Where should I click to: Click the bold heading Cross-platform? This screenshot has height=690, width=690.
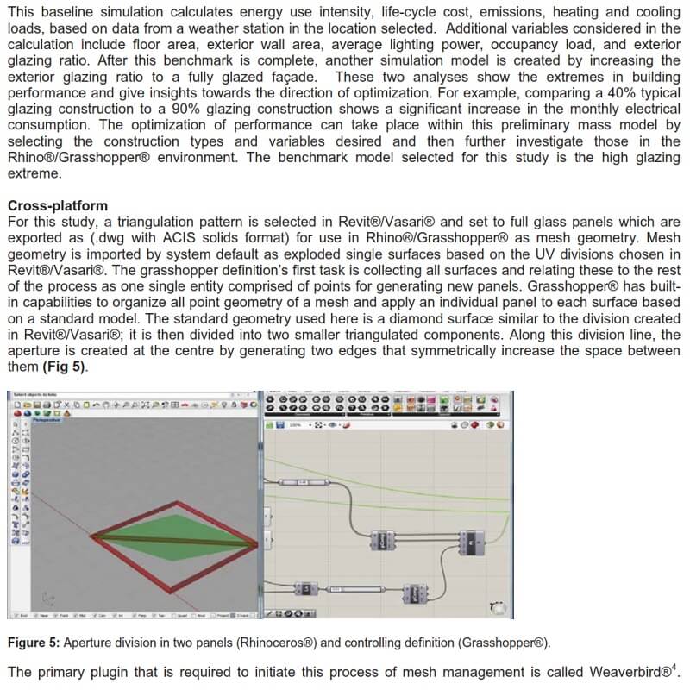[58, 205]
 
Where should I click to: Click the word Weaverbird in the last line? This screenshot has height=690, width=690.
[623, 671]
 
